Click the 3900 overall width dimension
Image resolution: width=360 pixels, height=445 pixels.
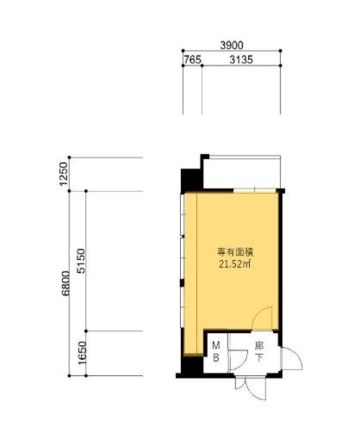pos(232,45)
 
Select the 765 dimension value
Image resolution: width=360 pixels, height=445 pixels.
pos(192,59)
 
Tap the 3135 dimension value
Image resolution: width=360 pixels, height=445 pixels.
pos(241,59)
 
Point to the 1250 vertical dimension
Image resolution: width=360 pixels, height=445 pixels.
pos(64,174)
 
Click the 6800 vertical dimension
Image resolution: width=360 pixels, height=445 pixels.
pos(65,283)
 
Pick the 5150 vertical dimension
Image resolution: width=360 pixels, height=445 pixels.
pos(82,261)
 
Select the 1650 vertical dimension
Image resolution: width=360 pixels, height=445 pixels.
pos(83,353)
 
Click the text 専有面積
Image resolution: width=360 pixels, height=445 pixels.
pos(235,252)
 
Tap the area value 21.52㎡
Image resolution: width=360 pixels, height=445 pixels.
pos(235,264)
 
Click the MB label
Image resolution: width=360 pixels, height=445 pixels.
pos(216,351)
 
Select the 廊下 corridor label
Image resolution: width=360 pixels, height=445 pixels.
pos(259,352)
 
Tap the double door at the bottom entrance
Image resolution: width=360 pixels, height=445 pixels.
pos(251,387)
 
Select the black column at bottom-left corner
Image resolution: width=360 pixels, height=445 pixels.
pos(192,365)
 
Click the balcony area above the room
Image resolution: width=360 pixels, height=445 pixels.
pos(242,173)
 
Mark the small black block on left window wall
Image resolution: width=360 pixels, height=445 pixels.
pos(182,283)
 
